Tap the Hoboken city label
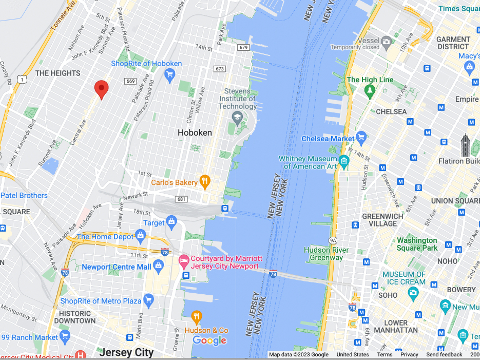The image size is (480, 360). tap(195, 132)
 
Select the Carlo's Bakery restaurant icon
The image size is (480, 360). tap(205, 180)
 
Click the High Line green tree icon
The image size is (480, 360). tap(370, 91)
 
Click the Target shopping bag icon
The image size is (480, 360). tap(171, 222)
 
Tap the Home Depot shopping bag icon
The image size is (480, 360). tap(140, 236)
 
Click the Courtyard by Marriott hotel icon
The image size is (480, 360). tap(183, 262)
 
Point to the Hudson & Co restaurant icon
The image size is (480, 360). tap(196, 317)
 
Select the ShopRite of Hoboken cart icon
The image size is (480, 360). tap(169, 74)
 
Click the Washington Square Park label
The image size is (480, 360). tap(417, 244)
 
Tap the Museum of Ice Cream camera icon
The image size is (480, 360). tap(413, 292)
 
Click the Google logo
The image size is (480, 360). tap(209, 340)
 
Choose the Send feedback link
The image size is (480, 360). tap(444, 355)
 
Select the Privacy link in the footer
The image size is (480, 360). tap(409, 355)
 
